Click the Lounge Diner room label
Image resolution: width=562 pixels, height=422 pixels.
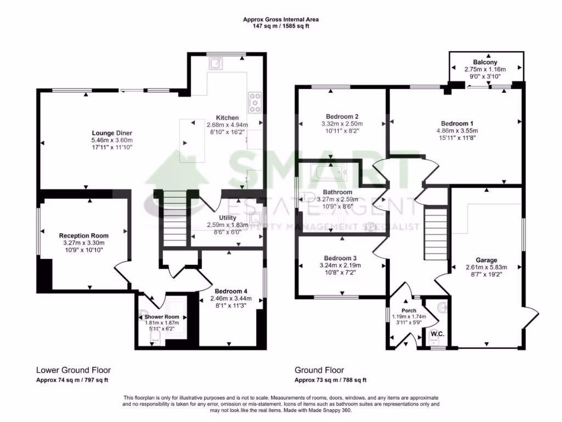[x=112, y=132]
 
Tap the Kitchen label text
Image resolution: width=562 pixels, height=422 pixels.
[x=227, y=118]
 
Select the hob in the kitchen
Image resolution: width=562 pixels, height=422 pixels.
[x=255, y=103]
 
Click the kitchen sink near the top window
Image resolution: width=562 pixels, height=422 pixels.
[x=216, y=64]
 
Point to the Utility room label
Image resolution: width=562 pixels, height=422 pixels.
[x=227, y=218]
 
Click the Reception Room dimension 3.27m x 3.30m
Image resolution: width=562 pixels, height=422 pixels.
[x=84, y=243]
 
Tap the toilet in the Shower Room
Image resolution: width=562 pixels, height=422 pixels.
[x=155, y=336]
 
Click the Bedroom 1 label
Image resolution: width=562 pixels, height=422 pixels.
[x=457, y=123]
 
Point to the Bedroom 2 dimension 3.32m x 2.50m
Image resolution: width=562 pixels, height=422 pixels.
[x=342, y=124]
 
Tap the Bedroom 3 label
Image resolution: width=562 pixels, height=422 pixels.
[x=341, y=258]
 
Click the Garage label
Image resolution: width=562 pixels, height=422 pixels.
[x=486, y=260]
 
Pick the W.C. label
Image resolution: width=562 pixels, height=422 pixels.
[x=437, y=334]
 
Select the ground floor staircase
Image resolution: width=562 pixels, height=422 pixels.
[x=436, y=234]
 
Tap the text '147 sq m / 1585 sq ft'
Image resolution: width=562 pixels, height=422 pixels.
[x=280, y=25]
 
